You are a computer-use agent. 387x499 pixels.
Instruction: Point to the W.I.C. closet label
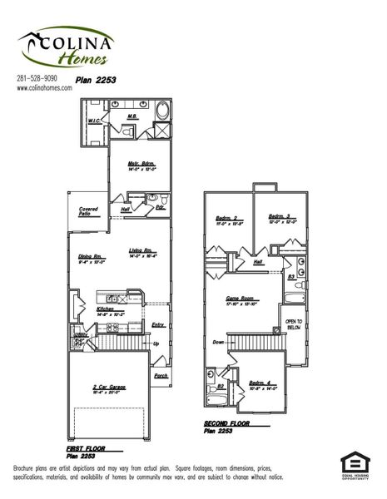96,121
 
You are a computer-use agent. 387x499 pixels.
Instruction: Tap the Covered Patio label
90,211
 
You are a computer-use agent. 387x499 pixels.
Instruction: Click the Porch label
160,374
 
